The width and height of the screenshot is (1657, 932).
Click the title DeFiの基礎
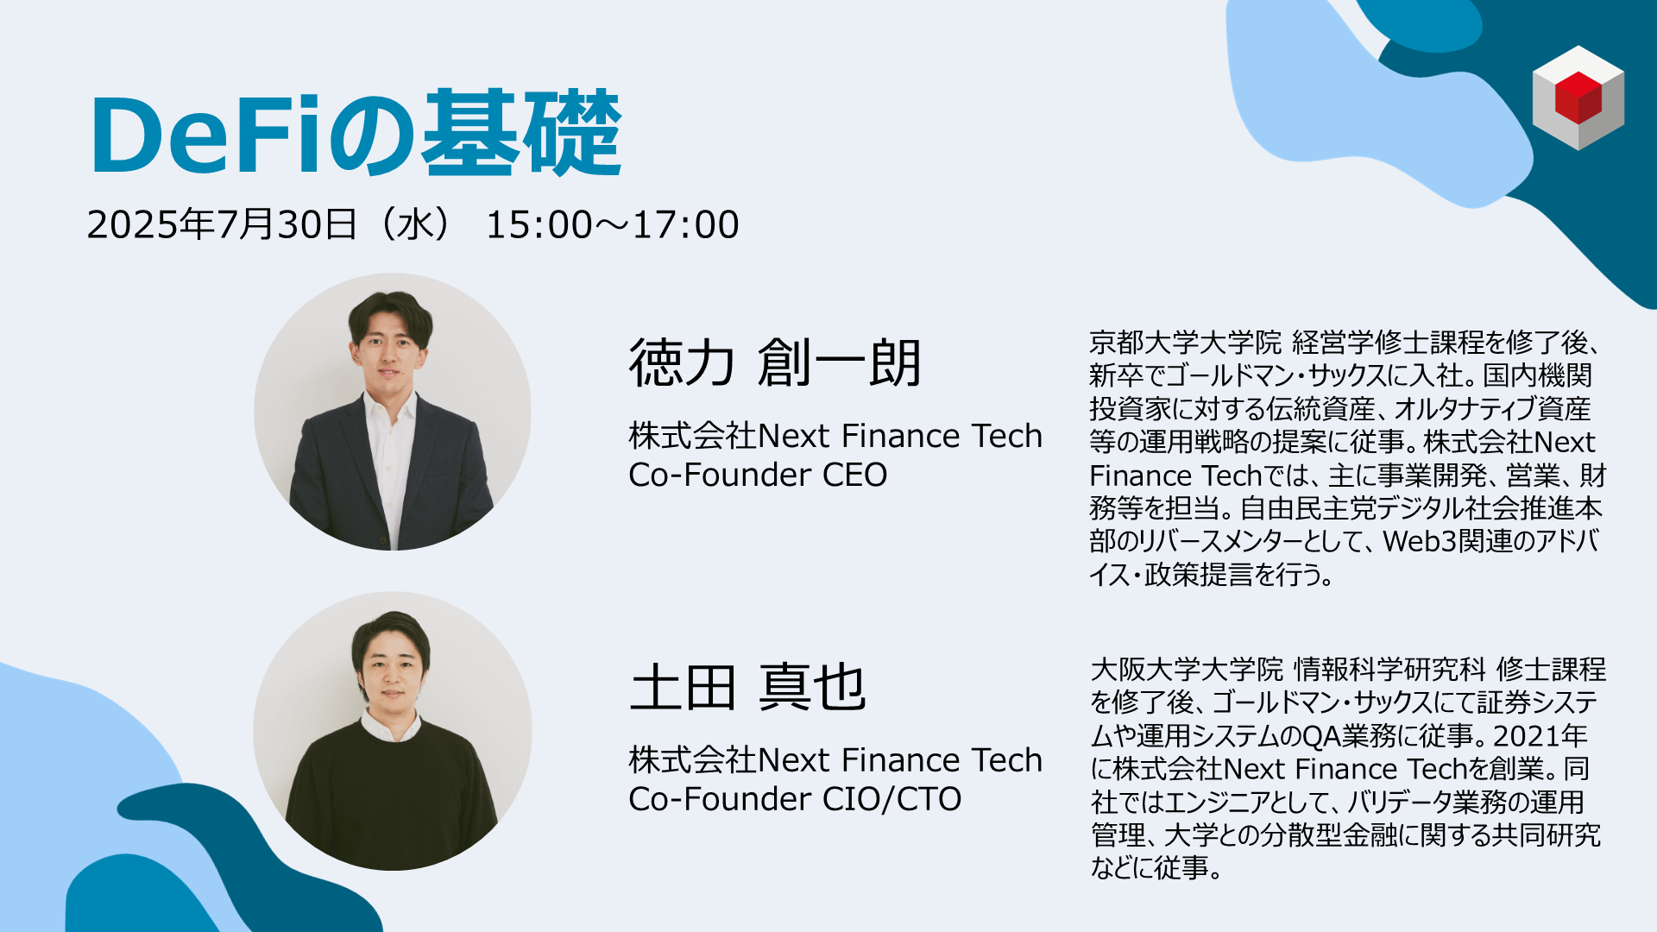(x=356, y=134)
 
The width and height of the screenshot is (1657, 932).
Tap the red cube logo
(x=1578, y=98)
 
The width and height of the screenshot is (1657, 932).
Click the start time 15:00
(x=539, y=225)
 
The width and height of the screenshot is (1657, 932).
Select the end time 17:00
(x=686, y=225)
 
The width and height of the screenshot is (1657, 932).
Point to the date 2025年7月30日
(x=222, y=225)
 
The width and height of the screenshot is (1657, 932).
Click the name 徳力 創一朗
(x=776, y=362)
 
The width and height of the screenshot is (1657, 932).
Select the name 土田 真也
(x=747, y=688)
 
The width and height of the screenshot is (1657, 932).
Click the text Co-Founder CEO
(x=758, y=475)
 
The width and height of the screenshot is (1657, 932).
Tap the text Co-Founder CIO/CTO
(x=795, y=799)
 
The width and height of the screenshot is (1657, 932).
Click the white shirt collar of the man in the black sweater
(x=390, y=726)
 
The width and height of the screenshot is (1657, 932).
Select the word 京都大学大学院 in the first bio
(x=1186, y=343)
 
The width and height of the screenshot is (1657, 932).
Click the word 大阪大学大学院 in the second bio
(x=1188, y=670)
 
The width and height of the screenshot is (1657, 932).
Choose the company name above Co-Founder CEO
(x=835, y=436)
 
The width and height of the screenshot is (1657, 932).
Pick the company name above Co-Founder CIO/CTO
(x=835, y=760)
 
